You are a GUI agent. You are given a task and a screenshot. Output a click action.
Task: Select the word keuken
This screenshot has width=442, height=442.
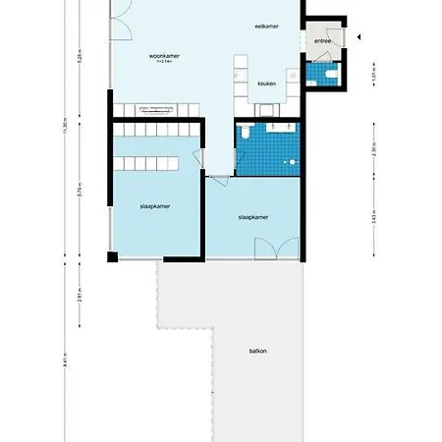(266, 83)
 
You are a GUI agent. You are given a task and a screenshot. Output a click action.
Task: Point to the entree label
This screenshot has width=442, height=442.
(322, 42)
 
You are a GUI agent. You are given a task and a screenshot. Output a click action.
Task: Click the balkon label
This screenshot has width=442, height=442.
(257, 350)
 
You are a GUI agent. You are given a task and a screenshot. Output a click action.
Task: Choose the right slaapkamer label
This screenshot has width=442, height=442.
(253, 217)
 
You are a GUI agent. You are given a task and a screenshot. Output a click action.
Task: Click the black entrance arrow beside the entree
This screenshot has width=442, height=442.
(359, 38)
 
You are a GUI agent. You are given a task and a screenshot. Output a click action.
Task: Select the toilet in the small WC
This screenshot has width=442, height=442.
(332, 76)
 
